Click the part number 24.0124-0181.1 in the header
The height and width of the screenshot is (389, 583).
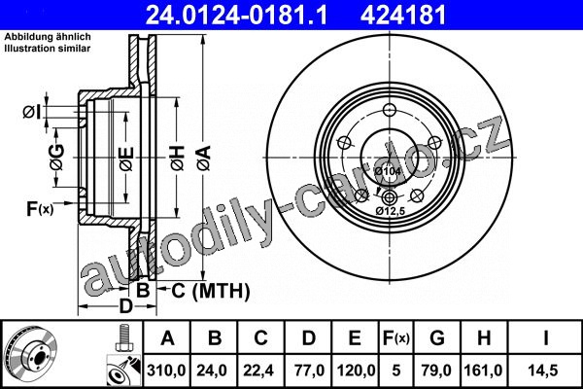coord(237,16)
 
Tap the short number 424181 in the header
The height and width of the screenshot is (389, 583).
coord(403,16)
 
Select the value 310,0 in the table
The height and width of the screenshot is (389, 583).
coord(166,371)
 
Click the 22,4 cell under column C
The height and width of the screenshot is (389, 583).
coord(260,371)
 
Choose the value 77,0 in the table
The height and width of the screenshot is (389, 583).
coord(309,371)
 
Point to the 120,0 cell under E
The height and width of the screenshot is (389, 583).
coord(356,371)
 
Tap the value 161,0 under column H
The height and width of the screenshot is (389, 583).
coord(483,371)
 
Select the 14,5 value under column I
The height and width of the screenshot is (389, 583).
coord(545,371)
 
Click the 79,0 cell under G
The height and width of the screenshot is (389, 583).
coord(436,371)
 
